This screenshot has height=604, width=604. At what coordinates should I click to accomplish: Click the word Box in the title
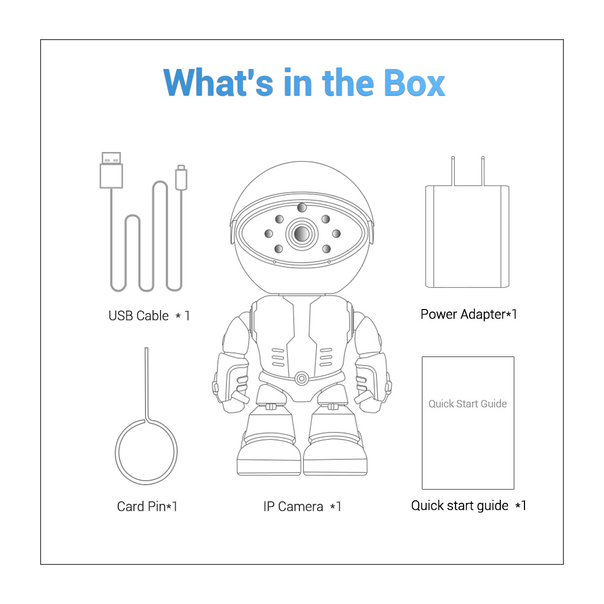[414, 83]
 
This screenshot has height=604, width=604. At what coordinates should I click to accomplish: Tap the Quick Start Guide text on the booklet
[468, 404]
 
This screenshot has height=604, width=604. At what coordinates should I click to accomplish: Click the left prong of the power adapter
[453, 171]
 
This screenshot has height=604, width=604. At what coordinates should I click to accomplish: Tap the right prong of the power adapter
[483, 171]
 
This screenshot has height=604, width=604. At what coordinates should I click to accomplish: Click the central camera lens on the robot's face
[302, 234]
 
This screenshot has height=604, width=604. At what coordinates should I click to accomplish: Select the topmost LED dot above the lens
[302, 207]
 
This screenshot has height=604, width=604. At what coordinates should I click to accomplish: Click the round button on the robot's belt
[301, 379]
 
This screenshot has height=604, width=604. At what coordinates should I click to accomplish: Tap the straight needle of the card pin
[146, 384]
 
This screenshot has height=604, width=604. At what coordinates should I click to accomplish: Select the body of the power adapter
[467, 237]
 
